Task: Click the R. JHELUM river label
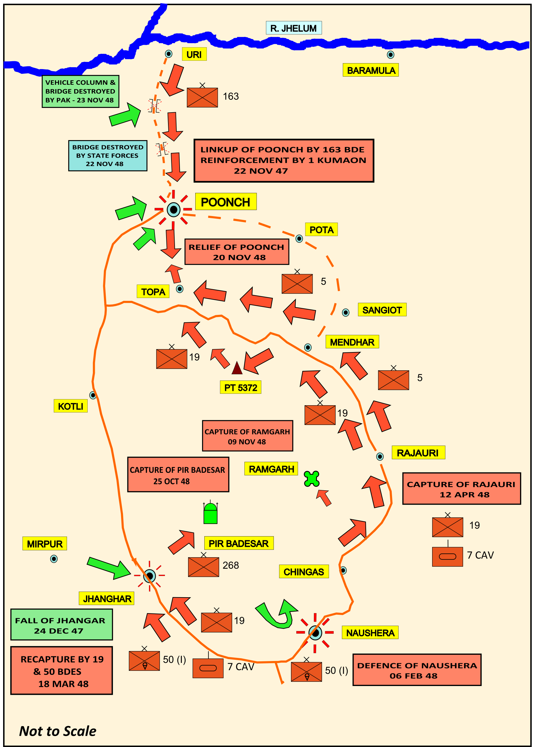pos(294,28)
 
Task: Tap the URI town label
pos(194,54)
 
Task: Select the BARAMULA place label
pos(371,70)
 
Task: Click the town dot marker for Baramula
pos(390,55)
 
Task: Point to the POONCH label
pos(226,202)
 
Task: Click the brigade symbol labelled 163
pos(202,97)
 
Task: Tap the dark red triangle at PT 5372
pos(237,368)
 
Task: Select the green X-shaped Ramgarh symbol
pos(312,479)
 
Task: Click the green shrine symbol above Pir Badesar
pos(210,513)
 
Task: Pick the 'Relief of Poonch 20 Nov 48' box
pos(237,252)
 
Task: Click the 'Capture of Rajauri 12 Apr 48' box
pos(462,489)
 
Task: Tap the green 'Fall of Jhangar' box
pos(62,624)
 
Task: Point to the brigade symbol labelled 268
pos(203,566)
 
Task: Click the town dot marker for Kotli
pos(93,395)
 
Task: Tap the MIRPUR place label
pos(45,544)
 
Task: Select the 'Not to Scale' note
pos(58,731)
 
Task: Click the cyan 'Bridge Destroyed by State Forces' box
pos(108,156)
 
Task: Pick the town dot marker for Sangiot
pos(345,312)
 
